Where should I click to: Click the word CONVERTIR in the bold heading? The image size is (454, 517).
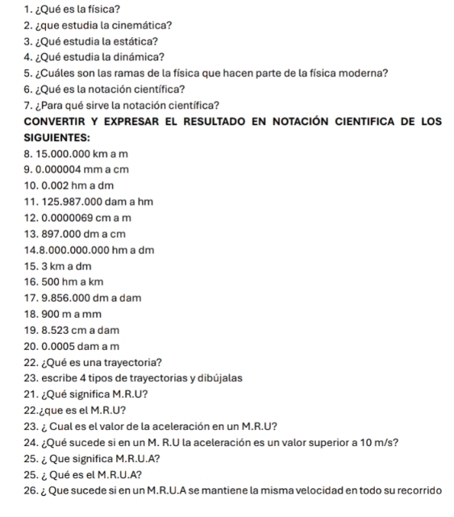point(57,122)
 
